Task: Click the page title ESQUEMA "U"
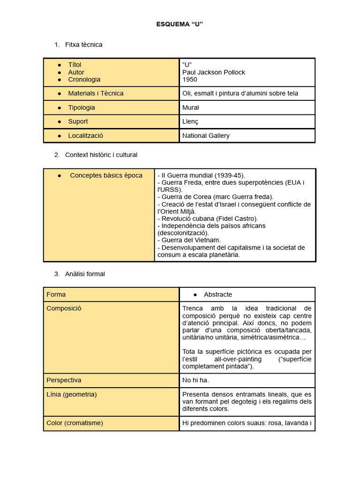[180, 24]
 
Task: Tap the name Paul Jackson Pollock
[213, 72]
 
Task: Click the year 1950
[190, 80]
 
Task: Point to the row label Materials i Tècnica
[96, 93]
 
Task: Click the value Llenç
[190, 121]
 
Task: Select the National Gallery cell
[206, 135]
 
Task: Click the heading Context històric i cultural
[101, 155]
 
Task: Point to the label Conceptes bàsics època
[106, 175]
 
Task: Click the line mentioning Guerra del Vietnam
[189, 240]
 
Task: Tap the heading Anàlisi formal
[85, 274]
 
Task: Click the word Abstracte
[218, 294]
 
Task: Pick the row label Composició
[64, 308]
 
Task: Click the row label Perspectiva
[64, 380]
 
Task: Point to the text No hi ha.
[195, 380]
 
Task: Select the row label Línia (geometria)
[72, 394]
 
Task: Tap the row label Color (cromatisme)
[75, 423]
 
